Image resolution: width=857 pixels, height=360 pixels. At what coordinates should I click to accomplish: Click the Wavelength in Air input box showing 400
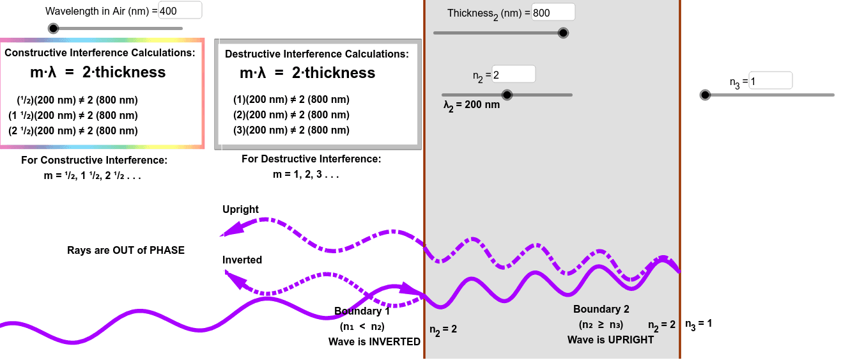click(180, 11)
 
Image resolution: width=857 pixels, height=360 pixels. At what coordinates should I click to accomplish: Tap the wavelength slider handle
click(54, 28)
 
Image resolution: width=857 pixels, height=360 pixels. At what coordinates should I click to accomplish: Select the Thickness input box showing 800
click(553, 13)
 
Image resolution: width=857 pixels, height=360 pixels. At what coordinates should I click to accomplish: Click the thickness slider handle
click(563, 33)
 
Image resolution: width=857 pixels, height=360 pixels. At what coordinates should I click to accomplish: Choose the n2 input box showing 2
click(513, 75)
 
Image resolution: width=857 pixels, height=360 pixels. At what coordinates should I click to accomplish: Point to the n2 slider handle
click(507, 95)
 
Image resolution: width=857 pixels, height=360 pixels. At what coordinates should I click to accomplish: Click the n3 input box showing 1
click(770, 81)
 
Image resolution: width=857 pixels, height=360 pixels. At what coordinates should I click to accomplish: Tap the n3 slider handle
click(705, 95)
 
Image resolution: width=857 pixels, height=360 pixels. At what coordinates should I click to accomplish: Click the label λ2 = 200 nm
click(472, 105)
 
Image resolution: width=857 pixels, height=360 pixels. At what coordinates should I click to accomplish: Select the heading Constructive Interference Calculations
click(100, 53)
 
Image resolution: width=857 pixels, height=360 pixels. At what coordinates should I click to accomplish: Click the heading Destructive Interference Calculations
click(316, 54)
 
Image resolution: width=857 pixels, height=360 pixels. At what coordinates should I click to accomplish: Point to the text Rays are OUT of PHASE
click(126, 251)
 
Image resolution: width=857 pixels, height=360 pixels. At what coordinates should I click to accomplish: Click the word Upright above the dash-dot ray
click(240, 210)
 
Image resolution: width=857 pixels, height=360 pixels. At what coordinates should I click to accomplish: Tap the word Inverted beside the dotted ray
click(242, 260)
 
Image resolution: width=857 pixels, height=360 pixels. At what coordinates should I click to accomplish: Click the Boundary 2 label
click(601, 309)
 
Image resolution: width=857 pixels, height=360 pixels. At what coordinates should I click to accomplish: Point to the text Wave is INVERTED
click(374, 342)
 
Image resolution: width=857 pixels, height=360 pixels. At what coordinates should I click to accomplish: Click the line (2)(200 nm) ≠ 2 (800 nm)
click(291, 115)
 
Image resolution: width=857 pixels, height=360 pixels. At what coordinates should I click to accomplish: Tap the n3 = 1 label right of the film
click(699, 324)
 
